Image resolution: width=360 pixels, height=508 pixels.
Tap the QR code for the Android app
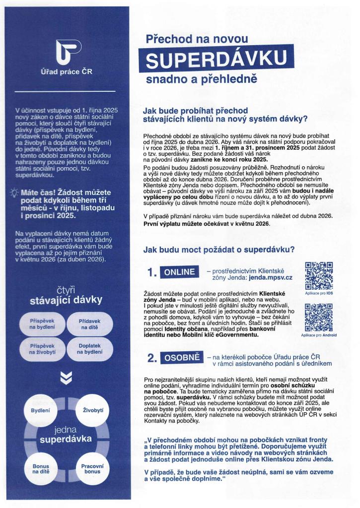click(319, 317)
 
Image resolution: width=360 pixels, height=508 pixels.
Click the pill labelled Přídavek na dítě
click(90, 324)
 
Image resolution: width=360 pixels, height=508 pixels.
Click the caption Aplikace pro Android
click(319, 336)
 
